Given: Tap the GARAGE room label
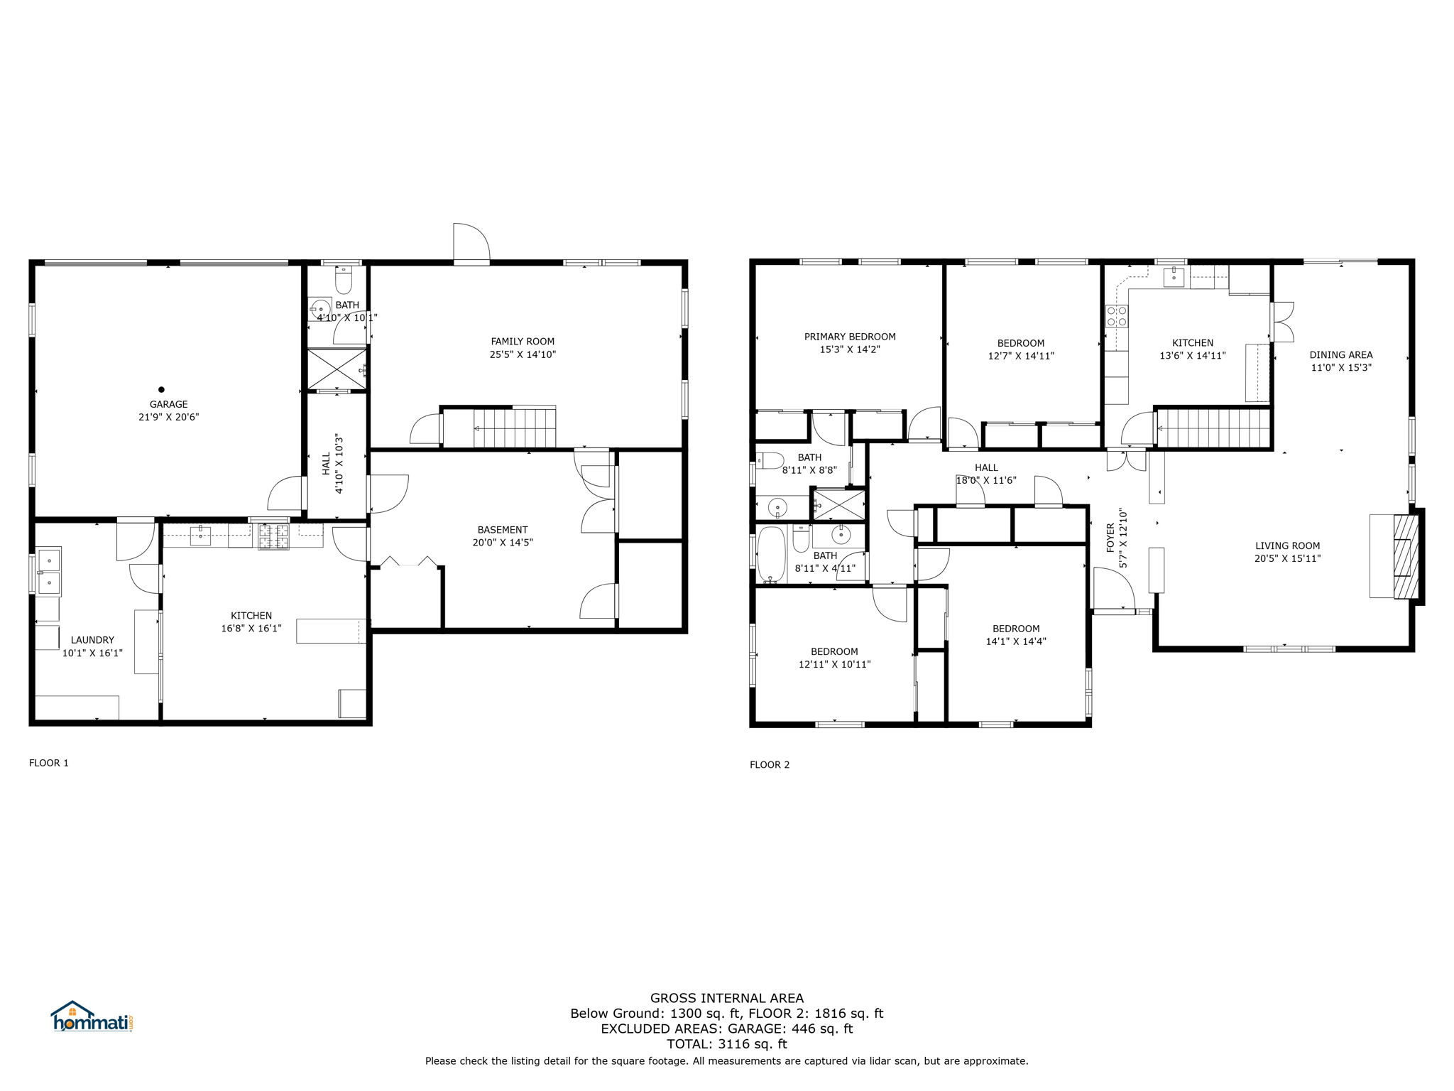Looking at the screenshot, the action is (x=168, y=405).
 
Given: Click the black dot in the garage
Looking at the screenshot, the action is (x=161, y=389).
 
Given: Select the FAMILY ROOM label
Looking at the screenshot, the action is (x=523, y=342).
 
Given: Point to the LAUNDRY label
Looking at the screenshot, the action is (x=92, y=640).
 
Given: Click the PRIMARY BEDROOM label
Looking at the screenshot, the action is (x=850, y=337).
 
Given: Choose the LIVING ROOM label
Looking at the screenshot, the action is (x=1287, y=546).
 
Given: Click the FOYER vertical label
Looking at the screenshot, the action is (x=1110, y=537).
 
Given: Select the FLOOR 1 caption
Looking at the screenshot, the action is (x=49, y=763).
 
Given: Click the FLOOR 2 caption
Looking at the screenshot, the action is (x=770, y=764).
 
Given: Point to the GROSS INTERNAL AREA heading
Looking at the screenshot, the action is (x=727, y=998).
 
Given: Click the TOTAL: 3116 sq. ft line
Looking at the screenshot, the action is (x=727, y=1043).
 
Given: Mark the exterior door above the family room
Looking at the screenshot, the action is (x=472, y=243).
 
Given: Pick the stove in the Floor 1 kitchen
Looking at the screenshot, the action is (x=273, y=537).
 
